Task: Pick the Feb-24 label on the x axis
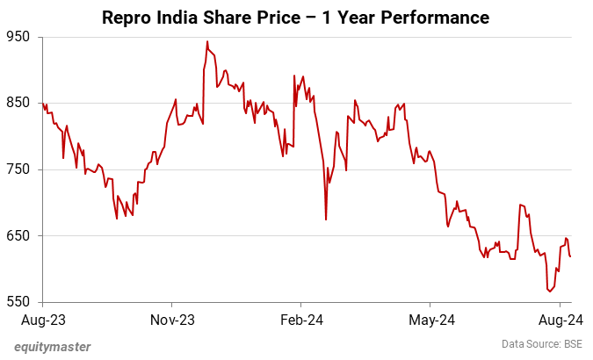click(x=301, y=320)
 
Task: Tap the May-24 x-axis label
click(x=431, y=320)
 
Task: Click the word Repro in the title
click(x=128, y=17)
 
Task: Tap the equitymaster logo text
click(x=52, y=346)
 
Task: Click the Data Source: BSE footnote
click(x=542, y=343)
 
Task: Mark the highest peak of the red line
click(x=207, y=41)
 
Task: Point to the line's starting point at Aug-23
click(x=41, y=104)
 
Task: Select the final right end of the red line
click(x=571, y=256)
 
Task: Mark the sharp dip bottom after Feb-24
click(x=326, y=220)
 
